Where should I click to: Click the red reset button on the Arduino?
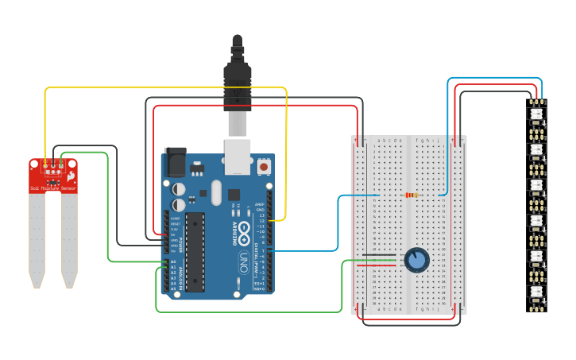(x=263, y=167)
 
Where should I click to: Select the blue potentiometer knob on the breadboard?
(x=416, y=259)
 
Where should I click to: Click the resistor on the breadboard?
(x=412, y=195)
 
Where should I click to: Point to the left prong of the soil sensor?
(x=37, y=238)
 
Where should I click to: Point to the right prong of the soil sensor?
(x=69, y=238)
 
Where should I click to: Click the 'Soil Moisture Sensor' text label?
(x=53, y=188)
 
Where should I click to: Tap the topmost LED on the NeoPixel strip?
(x=536, y=114)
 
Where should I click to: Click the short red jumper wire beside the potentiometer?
(x=381, y=265)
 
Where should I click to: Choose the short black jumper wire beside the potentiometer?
(x=381, y=255)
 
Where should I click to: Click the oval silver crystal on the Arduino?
(x=215, y=191)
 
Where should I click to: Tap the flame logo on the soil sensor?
(x=72, y=176)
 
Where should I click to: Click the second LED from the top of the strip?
(x=536, y=149)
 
